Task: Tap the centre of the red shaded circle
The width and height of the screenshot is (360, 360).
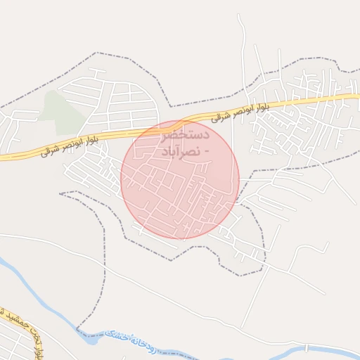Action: tap(180, 179)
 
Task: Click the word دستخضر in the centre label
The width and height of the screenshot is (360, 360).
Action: tap(187, 133)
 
